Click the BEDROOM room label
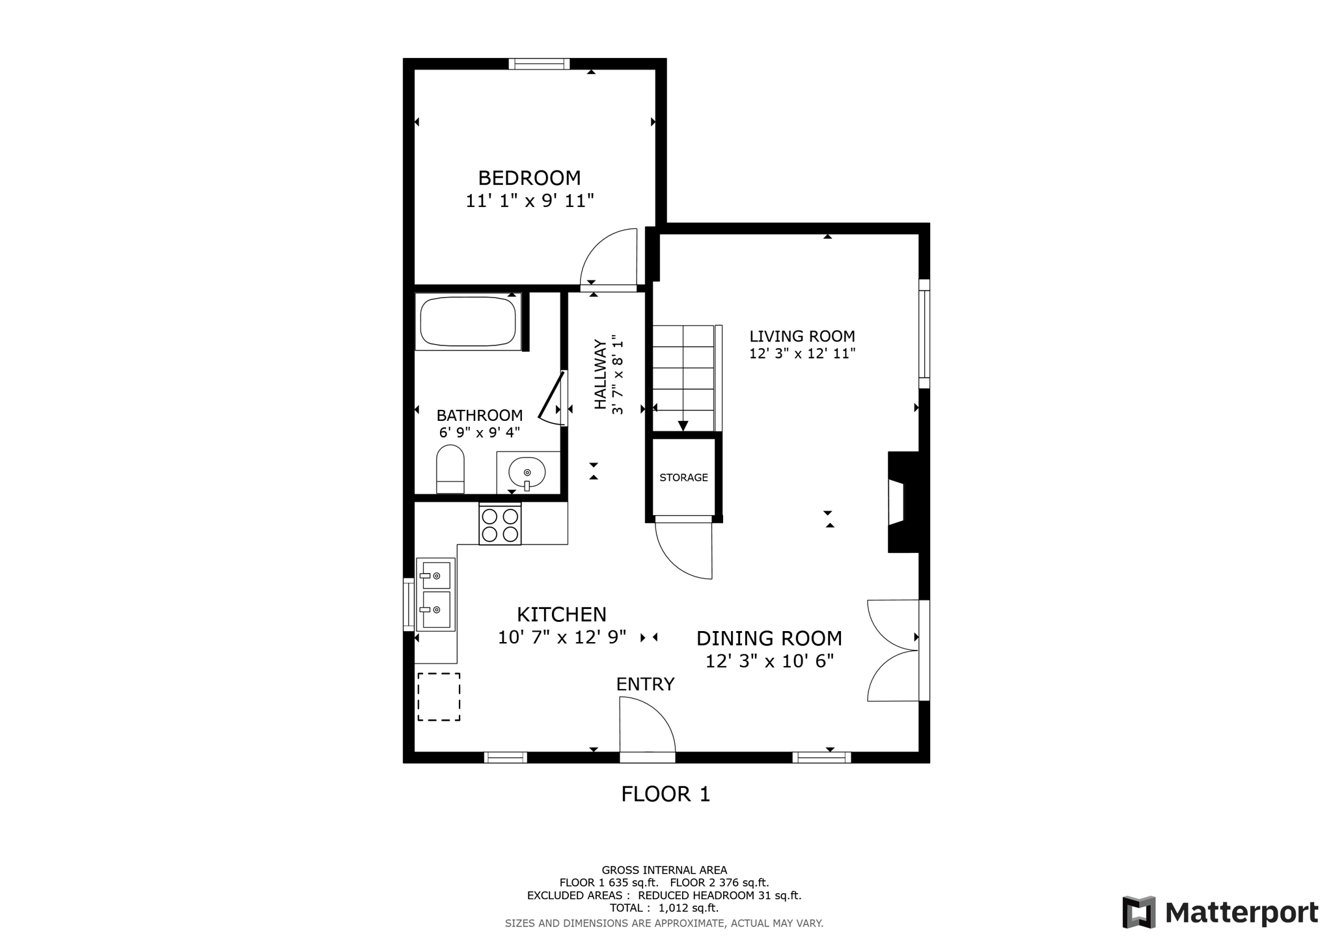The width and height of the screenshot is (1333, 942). [529, 178]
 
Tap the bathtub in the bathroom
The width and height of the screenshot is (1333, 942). [467, 322]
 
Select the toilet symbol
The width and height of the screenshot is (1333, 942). [450, 468]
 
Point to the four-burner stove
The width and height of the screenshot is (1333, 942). [500, 525]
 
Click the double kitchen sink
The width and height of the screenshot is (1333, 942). [435, 593]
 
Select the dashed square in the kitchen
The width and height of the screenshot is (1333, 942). [439, 697]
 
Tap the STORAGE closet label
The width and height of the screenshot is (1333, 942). [683, 478]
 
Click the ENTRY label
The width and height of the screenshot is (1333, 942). [645, 684]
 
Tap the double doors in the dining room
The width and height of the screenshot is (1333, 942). [893, 650]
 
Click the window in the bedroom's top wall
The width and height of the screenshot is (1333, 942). [539, 64]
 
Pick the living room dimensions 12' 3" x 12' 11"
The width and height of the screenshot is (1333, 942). [802, 354]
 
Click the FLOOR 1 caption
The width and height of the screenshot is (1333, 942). [665, 794]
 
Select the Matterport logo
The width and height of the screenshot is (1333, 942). [1220, 912]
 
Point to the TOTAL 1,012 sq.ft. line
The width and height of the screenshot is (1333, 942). [664, 908]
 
